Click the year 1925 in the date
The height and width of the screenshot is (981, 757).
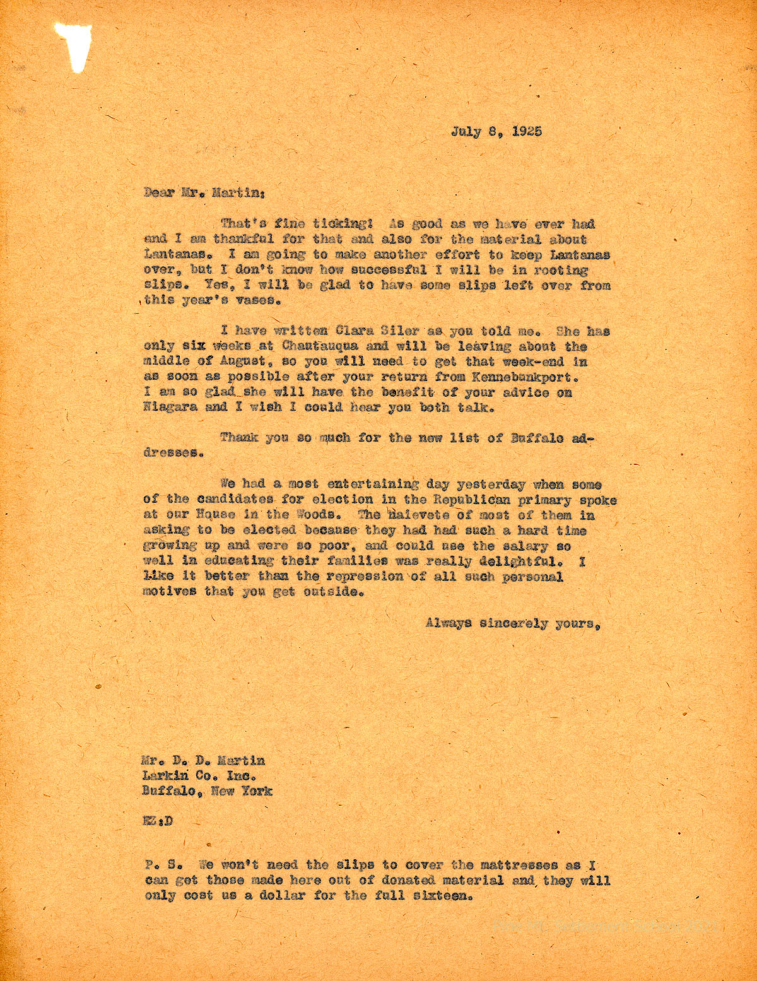522,132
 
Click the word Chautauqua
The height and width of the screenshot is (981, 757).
322,347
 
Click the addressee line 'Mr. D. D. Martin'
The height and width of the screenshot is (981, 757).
204,761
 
